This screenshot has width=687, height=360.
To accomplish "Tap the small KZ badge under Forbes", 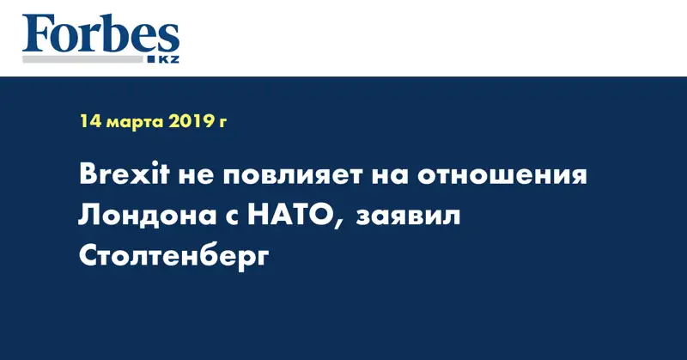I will click(164, 58).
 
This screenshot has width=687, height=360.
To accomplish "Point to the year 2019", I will click(193, 121).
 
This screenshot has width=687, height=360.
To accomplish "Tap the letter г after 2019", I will click(223, 123).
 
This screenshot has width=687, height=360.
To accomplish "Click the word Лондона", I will click(141, 216).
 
